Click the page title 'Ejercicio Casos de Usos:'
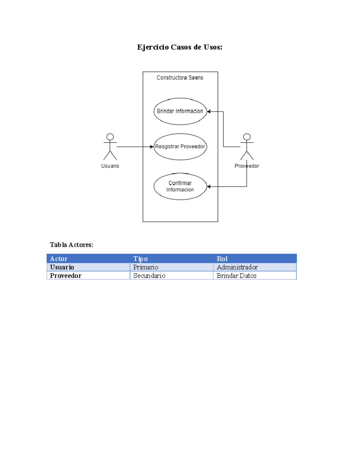click(180, 47)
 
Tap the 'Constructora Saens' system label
click(180, 78)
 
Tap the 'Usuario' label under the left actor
click(110, 166)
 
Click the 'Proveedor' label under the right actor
click(247, 166)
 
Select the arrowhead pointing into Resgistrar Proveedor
click(152, 147)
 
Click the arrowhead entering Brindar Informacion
click(209, 112)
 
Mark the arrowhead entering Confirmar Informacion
click(209, 187)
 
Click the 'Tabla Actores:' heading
click(71, 245)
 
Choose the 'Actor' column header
click(58, 259)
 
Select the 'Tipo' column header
click(140, 259)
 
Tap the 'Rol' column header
click(222, 259)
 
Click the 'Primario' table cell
click(145, 267)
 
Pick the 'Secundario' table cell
click(149, 275)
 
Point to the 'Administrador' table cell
click(237, 267)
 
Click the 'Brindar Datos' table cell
click(236, 275)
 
